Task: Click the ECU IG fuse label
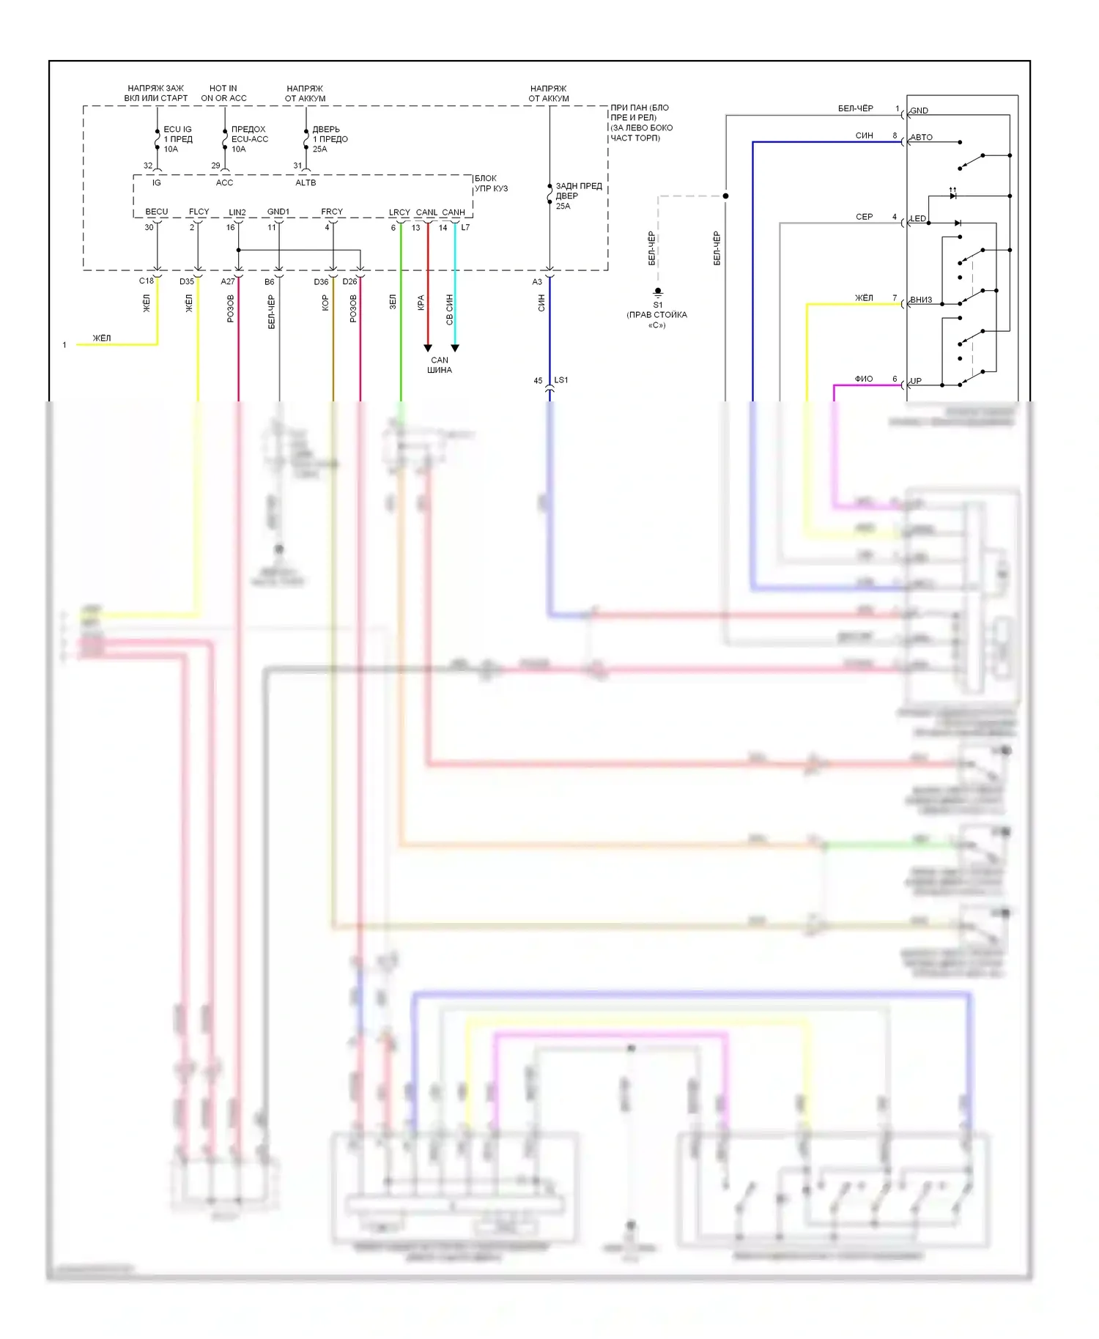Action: click(177, 130)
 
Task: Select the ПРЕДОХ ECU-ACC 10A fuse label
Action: click(249, 139)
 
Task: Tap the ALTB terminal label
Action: click(306, 183)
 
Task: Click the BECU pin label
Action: click(157, 212)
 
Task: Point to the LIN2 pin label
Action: click(237, 212)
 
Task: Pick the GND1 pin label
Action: click(278, 212)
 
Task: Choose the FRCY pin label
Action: click(332, 212)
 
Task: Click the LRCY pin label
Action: click(399, 212)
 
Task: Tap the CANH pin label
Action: click(454, 212)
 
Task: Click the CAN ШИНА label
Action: click(440, 365)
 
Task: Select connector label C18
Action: click(147, 281)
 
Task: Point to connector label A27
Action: click(228, 281)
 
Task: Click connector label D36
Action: click(321, 282)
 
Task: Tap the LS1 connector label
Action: click(561, 380)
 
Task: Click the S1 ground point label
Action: click(657, 305)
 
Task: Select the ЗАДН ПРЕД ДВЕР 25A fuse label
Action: click(578, 196)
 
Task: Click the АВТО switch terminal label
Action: click(922, 138)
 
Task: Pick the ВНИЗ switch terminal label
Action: click(921, 300)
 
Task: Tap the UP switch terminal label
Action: click(916, 382)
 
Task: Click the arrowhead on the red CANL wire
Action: click(428, 348)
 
